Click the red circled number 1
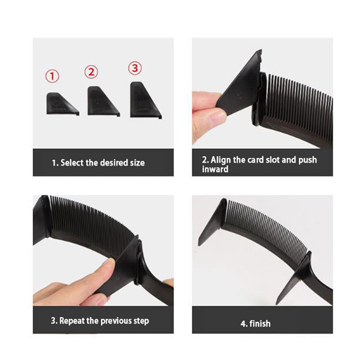tap(52, 76)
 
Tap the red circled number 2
tap(91, 72)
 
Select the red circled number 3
tap(135, 68)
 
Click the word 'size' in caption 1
tap(137, 163)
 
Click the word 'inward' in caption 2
tap(215, 169)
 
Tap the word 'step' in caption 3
tap(141, 321)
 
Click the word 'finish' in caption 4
tap(260, 324)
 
